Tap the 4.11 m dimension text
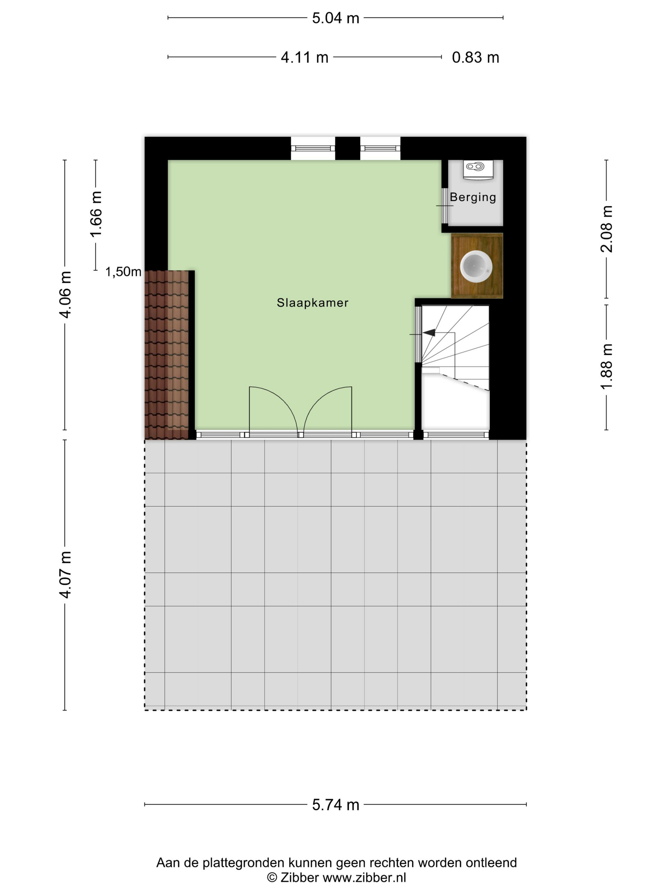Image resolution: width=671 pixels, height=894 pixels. click(x=305, y=57)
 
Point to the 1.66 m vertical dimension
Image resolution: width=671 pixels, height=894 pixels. click(x=96, y=214)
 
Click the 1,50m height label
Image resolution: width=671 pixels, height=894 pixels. click(x=123, y=272)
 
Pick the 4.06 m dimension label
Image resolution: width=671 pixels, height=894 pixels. click(x=66, y=295)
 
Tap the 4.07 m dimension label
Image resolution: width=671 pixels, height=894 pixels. click(x=66, y=574)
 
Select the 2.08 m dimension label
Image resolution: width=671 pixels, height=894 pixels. click(x=606, y=229)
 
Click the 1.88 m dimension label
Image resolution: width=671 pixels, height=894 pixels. click(x=606, y=367)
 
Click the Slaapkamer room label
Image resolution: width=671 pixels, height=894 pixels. click(x=312, y=303)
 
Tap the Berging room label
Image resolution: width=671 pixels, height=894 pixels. click(x=473, y=197)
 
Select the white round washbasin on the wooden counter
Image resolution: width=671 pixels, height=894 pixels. click(x=476, y=266)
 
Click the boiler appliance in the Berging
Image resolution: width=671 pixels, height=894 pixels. click(x=478, y=169)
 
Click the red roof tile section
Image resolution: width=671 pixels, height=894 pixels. click(x=167, y=355)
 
